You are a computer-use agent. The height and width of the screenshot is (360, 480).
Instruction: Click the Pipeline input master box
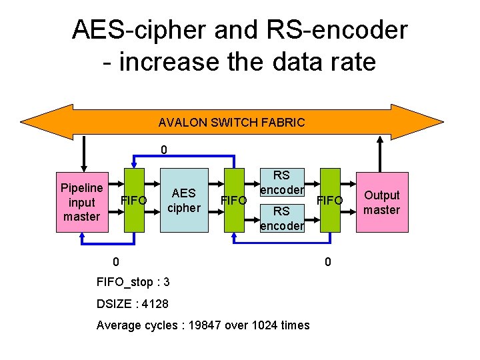(x=81, y=202)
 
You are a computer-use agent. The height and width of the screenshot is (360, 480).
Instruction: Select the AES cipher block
(x=183, y=201)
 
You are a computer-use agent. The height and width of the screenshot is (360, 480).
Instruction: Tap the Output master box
(x=381, y=202)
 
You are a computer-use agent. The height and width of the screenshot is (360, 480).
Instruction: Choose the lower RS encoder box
(x=281, y=218)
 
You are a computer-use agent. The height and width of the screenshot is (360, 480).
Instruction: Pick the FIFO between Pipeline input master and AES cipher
(x=134, y=201)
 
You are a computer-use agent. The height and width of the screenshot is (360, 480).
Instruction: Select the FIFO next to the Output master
(x=330, y=201)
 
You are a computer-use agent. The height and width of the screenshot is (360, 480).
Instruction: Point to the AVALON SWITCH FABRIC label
(x=231, y=123)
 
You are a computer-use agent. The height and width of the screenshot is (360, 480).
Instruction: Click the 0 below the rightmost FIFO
(x=327, y=262)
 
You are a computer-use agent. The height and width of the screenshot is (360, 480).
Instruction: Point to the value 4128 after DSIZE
(x=153, y=304)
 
